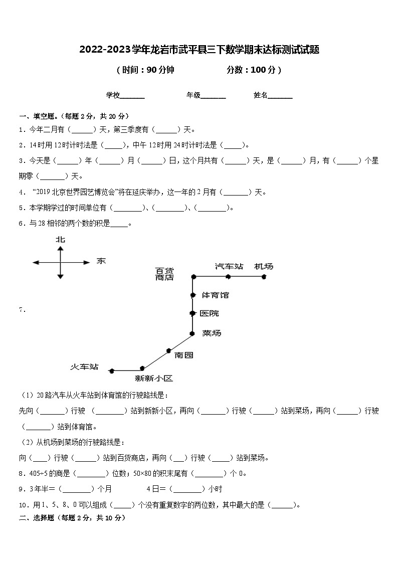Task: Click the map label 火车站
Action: [x=84, y=367]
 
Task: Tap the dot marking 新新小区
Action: [x=142, y=368]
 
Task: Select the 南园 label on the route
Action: [x=184, y=355]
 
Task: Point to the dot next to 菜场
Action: [x=192, y=333]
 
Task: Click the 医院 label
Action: [x=209, y=313]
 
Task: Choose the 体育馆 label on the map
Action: [x=215, y=295]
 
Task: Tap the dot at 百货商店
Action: [x=192, y=276]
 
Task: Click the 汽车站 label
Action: [x=229, y=266]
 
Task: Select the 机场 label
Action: [x=264, y=266]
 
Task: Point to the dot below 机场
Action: [x=264, y=276]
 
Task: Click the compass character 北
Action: [x=60, y=240]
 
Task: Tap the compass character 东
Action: [x=101, y=261]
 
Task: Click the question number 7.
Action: [x=22, y=310]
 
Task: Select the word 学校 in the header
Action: [x=112, y=95]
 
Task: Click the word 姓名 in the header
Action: [x=261, y=95]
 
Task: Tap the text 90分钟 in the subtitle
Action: [x=160, y=70]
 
